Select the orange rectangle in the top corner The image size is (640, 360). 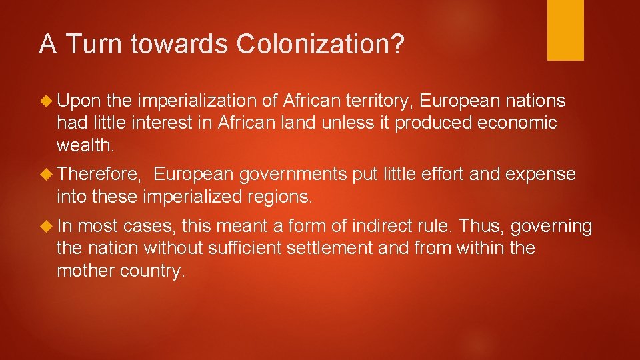click(x=565, y=30)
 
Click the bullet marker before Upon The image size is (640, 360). click(x=47, y=101)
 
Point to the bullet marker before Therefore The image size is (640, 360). click(x=47, y=175)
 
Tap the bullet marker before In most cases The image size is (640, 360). click(x=47, y=227)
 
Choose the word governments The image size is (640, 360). click(x=293, y=175)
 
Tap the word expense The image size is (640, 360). click(x=541, y=175)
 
